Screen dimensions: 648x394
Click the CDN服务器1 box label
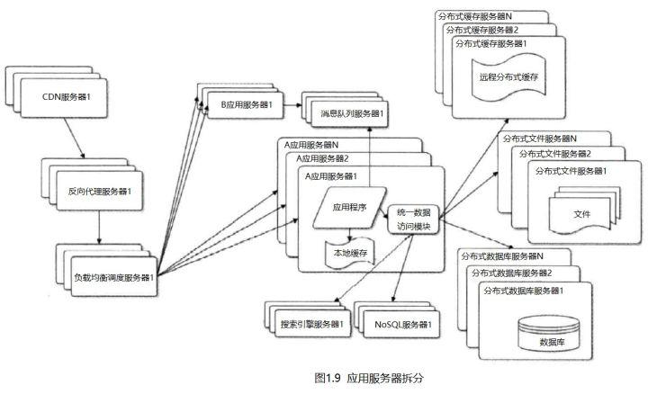66,97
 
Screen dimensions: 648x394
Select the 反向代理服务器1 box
100,191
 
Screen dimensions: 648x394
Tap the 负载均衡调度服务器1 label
114,278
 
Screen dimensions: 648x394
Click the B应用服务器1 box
246,105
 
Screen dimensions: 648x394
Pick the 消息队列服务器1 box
349,113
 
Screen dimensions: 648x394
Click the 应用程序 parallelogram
349,207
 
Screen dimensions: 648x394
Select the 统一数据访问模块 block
414,219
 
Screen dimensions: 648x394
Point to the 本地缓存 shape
350,253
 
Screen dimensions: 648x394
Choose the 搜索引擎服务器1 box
313,323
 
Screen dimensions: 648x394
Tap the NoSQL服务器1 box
401,324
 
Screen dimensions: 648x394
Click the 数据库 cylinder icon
549,334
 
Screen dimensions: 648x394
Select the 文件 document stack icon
584,210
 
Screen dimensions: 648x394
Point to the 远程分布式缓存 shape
508,78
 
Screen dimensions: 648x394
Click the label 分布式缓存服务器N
475,16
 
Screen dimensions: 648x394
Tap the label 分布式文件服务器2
555,154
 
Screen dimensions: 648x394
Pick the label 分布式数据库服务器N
502,256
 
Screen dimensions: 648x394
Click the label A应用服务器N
311,145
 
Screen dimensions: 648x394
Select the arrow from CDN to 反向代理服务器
75,138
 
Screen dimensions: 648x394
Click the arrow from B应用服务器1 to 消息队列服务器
293,105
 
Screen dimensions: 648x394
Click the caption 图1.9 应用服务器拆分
369,378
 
